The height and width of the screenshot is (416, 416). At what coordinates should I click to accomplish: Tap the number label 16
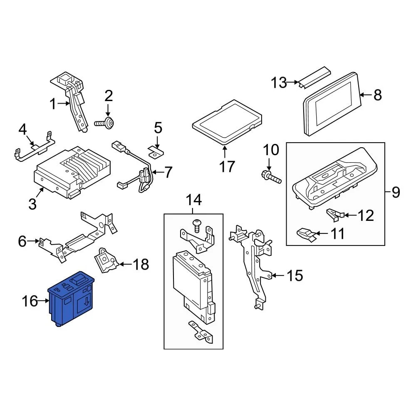pos(30,301)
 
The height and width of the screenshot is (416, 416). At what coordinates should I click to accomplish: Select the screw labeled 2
pos(106,123)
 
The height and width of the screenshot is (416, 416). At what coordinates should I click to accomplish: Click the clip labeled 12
pos(335,215)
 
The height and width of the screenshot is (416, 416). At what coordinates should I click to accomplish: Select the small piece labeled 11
pos(307,234)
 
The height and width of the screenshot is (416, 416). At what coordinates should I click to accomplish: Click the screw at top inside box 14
pos(197,225)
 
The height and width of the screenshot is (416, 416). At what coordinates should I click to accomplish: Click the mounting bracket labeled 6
pos(79,241)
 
